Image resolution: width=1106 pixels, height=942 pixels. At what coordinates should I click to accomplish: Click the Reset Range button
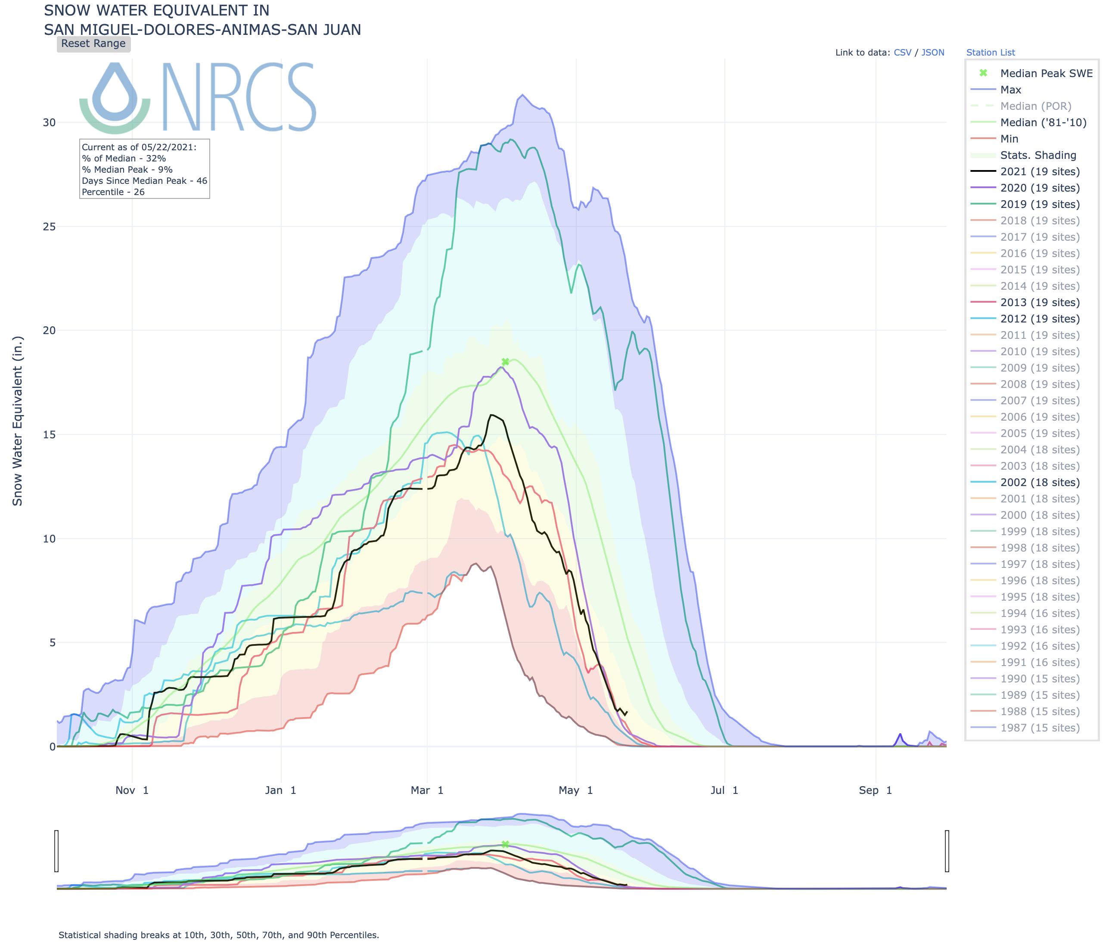[93, 44]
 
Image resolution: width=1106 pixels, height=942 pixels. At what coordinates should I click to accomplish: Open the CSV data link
[902, 52]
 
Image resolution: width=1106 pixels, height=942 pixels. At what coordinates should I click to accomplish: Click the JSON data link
[932, 52]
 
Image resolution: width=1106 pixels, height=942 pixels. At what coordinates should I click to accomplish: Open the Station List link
[990, 52]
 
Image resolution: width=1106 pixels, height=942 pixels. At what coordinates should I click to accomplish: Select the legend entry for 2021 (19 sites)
[1039, 171]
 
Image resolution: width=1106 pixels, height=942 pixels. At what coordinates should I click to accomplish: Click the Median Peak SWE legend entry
[1046, 73]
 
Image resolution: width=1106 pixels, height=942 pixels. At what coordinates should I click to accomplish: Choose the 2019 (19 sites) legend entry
[1039, 204]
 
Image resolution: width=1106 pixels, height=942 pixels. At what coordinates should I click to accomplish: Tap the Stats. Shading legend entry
[1038, 155]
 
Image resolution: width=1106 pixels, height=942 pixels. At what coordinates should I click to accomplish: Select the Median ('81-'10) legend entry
[1043, 122]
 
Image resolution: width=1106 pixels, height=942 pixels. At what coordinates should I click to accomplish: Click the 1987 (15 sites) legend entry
[1039, 728]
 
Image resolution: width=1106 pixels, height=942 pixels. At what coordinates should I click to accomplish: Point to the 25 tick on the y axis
[49, 226]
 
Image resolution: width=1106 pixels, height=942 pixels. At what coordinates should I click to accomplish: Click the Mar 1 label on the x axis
[427, 790]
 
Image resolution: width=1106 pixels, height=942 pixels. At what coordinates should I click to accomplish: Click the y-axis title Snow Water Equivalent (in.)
[18, 421]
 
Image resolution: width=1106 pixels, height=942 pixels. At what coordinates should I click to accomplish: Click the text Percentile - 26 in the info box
[113, 192]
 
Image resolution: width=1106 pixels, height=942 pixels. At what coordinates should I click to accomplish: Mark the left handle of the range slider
[56, 851]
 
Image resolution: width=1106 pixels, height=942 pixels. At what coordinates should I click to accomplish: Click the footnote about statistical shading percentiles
[219, 935]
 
